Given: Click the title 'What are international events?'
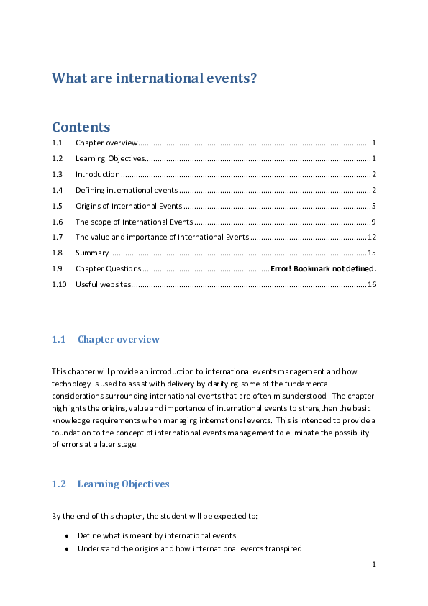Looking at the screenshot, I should point(154,78).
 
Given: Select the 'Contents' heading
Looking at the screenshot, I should point(81,127).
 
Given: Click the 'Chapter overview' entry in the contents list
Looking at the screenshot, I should point(106,143).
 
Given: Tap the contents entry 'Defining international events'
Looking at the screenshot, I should point(127,190).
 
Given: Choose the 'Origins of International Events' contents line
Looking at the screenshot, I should point(129,206).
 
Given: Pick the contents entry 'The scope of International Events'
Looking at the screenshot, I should point(134,222).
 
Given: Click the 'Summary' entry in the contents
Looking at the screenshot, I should point(92,253).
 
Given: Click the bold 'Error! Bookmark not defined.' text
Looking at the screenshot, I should point(324,268).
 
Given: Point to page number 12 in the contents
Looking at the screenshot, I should point(372,238).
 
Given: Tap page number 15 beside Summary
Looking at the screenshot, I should point(372,253).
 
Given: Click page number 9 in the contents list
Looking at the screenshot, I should point(374,222).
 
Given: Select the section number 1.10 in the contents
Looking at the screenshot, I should point(59,284).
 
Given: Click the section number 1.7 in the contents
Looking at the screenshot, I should point(58,238).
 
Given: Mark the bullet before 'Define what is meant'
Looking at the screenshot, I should point(67,536).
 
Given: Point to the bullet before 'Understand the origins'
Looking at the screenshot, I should point(67,549).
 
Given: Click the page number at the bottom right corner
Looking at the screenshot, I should point(374,565).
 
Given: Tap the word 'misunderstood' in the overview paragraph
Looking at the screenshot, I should point(303,396).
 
